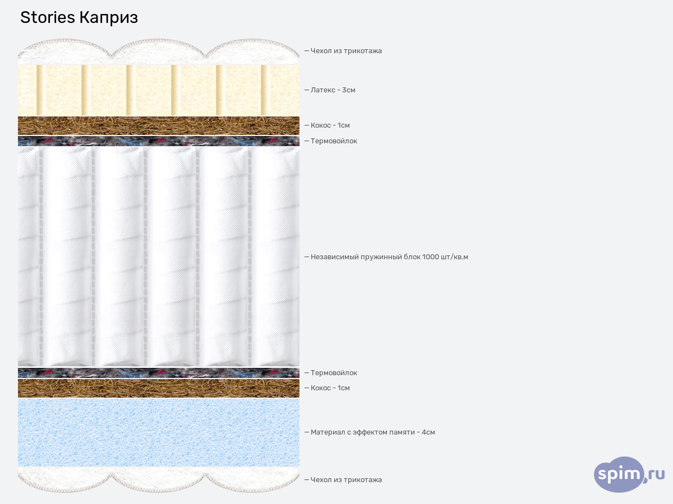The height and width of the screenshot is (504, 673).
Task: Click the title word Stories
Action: coord(47,18)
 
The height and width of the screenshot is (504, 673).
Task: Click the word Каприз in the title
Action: coord(108,18)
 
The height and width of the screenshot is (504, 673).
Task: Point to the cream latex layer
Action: coord(159,90)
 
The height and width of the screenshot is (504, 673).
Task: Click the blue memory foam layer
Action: coord(159,432)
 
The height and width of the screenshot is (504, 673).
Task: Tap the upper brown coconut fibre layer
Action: coord(159,125)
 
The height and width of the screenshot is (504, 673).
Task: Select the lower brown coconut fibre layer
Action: coord(159,388)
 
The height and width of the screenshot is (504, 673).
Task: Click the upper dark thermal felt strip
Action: coord(159,141)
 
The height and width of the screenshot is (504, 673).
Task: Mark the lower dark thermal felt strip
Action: coord(159,373)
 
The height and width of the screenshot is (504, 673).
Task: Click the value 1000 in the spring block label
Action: coord(431,257)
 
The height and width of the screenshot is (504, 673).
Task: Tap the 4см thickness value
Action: coord(428,432)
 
